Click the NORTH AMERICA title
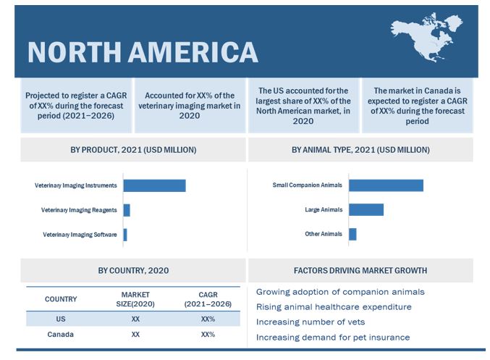pos(142,51)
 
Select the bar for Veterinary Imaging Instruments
pos(154,185)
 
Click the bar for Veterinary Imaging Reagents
pos(127,210)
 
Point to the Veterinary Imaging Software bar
pos(125,235)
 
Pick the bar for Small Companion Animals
pos(386,185)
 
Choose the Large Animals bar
pos(366,210)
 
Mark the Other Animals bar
pos(352,235)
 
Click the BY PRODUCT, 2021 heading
pos(133,150)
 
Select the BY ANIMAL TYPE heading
pos(360,150)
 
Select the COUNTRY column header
pos(61,299)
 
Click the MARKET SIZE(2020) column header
pos(135,299)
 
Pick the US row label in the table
pos(61,319)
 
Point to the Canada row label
pos(61,335)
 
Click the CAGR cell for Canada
pos(208,335)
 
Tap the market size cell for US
pos(135,319)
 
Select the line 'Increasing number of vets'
pos(311,322)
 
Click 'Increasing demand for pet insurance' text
pos(333,337)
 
